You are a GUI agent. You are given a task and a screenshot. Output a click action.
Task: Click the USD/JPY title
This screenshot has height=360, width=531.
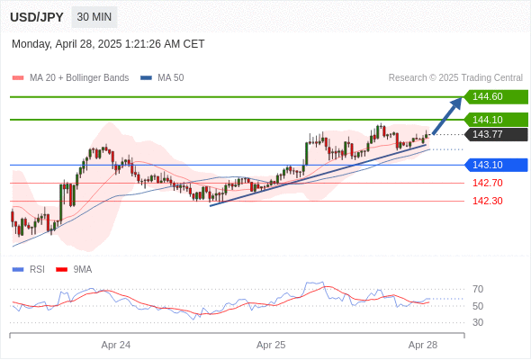tap(37, 17)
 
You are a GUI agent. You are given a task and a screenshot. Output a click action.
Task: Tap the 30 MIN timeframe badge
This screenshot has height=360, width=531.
tap(94, 17)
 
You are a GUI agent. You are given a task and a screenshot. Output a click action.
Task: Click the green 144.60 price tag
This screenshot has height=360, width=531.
tap(496, 97)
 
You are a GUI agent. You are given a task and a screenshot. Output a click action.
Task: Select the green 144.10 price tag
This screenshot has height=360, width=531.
tap(496, 120)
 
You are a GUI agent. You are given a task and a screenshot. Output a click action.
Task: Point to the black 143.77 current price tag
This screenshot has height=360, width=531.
tap(496, 134)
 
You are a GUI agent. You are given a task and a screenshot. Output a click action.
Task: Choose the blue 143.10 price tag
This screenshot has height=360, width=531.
tap(496, 165)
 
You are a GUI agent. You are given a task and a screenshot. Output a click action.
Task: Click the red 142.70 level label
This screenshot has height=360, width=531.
tap(487, 183)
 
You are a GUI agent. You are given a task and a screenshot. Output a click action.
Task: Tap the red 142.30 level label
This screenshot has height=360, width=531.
tap(487, 201)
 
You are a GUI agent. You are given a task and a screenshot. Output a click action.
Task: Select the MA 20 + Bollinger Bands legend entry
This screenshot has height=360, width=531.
tap(70, 78)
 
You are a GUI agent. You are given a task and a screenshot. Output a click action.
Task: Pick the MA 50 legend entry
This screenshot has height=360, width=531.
tap(162, 78)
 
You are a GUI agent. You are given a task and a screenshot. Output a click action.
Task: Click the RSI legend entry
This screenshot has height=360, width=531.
tap(29, 270)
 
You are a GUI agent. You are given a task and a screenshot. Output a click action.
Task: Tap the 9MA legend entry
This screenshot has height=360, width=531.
tap(74, 270)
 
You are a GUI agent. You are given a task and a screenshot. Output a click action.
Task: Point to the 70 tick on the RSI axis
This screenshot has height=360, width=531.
tap(478, 289)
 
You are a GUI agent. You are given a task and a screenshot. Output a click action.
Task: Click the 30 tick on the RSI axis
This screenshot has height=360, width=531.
tap(478, 322)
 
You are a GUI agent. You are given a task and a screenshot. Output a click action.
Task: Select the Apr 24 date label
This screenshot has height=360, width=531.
tap(116, 345)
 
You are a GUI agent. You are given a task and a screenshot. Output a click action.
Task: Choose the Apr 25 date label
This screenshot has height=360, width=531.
tap(271, 345)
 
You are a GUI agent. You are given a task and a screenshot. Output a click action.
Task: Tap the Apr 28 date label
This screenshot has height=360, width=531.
tap(423, 345)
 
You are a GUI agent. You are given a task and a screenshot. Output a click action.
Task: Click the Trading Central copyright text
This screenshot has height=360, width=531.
tap(455, 78)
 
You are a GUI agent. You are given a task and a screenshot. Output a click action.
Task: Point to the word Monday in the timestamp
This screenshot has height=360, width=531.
tap(31, 44)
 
